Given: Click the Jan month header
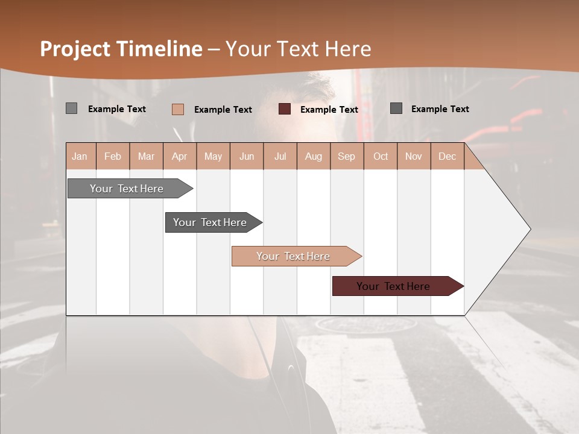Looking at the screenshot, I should [x=80, y=156].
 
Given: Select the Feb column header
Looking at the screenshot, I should [x=113, y=156].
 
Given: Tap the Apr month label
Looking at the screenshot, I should [x=180, y=156].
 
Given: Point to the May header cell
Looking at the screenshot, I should [x=213, y=156].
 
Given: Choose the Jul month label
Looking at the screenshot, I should [x=280, y=156].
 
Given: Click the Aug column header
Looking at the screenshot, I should [x=314, y=156].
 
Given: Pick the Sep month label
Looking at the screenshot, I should [x=347, y=156].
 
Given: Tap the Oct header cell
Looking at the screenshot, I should [x=381, y=156].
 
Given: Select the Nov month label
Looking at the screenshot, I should [x=414, y=156].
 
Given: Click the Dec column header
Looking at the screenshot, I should [x=448, y=156].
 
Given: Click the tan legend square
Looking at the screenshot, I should [x=178, y=109].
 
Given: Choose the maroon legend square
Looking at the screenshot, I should [x=285, y=108].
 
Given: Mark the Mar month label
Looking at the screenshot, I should [x=146, y=156].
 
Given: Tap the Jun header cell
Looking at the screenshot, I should [x=247, y=156].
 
